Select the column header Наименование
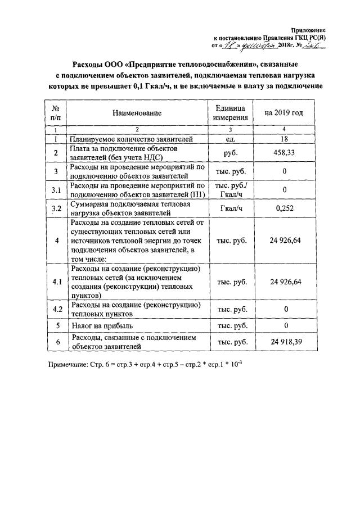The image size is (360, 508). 137,113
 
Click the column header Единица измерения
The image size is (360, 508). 230,113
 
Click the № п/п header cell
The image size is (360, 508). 56,113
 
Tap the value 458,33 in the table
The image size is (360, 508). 284,153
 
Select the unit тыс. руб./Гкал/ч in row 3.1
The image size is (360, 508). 230,190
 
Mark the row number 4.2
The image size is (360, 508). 56,309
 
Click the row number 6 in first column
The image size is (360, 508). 56,342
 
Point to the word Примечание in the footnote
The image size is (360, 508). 67,364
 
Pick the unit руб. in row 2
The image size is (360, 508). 230,153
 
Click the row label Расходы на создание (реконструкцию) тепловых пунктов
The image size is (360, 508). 135,309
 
